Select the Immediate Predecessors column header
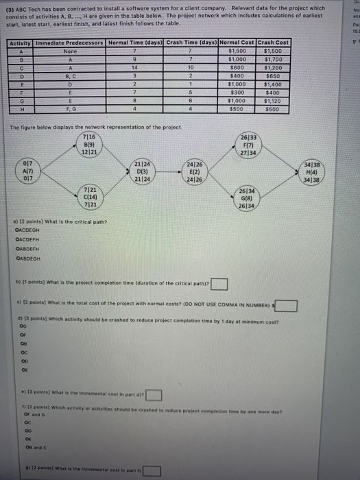(x=66, y=43)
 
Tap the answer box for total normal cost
(x=288, y=305)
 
